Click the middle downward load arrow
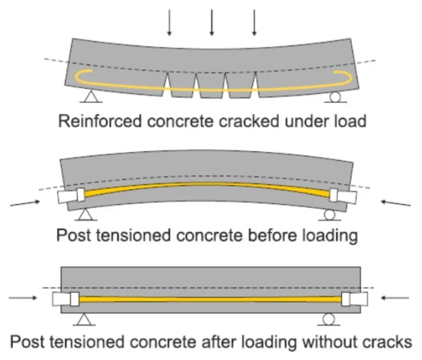coord(211,22)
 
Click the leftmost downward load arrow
coord(169,22)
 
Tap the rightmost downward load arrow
coord(254,22)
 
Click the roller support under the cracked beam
coord(335,97)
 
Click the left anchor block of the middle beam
coord(71,195)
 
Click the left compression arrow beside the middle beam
coord(23,202)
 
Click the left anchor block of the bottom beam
coord(66,299)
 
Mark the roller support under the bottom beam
coord(328,319)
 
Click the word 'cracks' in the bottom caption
coord(379,341)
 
